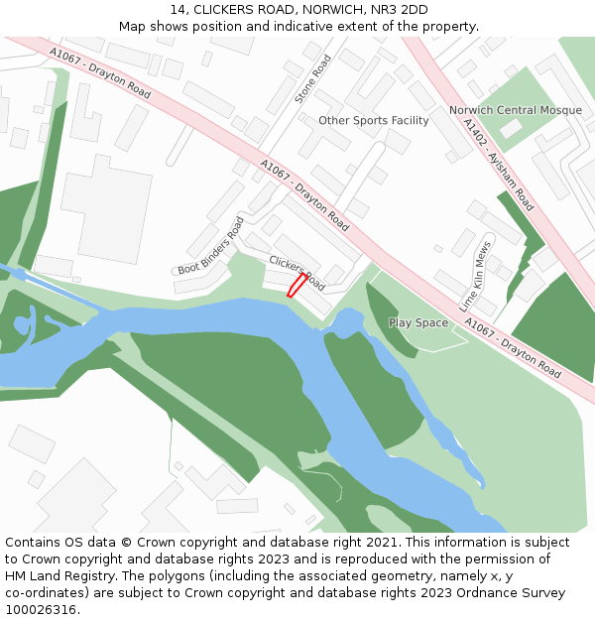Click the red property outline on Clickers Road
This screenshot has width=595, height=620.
click(x=297, y=286)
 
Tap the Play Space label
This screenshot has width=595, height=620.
click(x=418, y=322)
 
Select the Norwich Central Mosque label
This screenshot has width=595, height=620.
click(x=515, y=110)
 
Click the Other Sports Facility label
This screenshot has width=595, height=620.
click(x=374, y=121)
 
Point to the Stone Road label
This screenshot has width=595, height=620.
click(x=313, y=79)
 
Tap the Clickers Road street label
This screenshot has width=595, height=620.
click(x=297, y=273)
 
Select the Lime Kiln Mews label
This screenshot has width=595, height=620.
click(x=476, y=276)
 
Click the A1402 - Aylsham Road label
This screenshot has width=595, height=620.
click(x=499, y=165)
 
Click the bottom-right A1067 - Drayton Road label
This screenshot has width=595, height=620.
click(x=512, y=347)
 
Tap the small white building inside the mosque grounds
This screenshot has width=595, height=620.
click(x=511, y=128)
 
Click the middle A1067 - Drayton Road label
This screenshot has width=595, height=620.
click(x=304, y=193)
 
